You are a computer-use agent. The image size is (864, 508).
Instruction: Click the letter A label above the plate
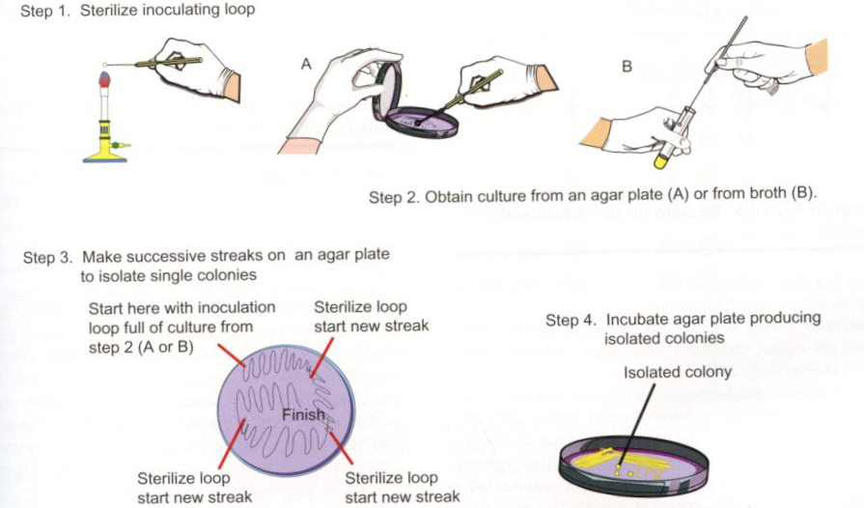pyautogui.click(x=306, y=63)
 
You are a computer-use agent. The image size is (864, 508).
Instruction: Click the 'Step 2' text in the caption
pyautogui.click(x=393, y=196)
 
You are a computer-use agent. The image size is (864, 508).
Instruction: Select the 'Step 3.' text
pyautogui.click(x=48, y=258)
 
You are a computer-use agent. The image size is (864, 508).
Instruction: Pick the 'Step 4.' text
pyautogui.click(x=572, y=319)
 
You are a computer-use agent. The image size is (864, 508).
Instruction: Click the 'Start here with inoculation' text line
pyautogui.click(x=181, y=306)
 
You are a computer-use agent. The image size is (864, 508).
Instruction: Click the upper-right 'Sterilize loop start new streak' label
pyautogui.click(x=371, y=316)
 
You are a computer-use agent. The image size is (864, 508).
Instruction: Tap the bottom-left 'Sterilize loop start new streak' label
pyautogui.click(x=194, y=487)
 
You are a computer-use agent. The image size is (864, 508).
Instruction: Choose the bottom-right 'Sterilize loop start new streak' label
pyautogui.click(x=402, y=487)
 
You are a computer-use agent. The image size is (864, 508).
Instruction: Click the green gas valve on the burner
pyautogui.click(x=118, y=146)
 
